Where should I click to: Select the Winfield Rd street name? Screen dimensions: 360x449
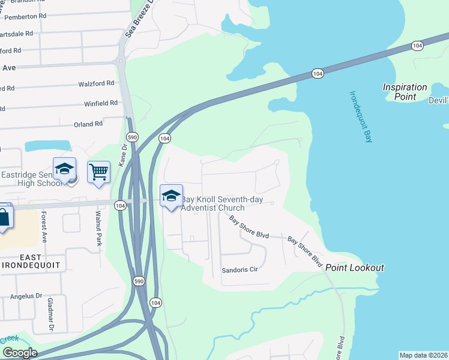[101, 103]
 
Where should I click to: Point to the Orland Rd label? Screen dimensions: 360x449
[88, 124]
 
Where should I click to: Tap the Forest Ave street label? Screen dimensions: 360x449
[44, 226]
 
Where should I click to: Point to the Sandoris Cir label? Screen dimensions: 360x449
[240, 270]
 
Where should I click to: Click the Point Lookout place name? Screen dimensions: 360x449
[355, 268]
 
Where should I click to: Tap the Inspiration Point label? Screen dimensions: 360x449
[405, 92]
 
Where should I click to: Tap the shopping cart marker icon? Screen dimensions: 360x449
[99, 173]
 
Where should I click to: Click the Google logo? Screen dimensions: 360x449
[19, 353]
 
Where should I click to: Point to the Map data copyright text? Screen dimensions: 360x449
[423, 355]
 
